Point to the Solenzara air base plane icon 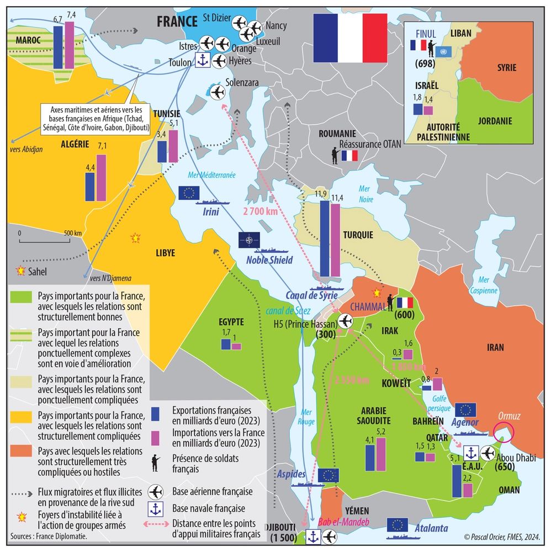click(218, 91)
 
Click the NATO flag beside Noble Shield click(249, 240)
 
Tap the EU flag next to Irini click(189, 192)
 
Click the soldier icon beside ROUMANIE click(334, 156)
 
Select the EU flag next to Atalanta click(398, 525)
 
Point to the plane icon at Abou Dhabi click(488, 453)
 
